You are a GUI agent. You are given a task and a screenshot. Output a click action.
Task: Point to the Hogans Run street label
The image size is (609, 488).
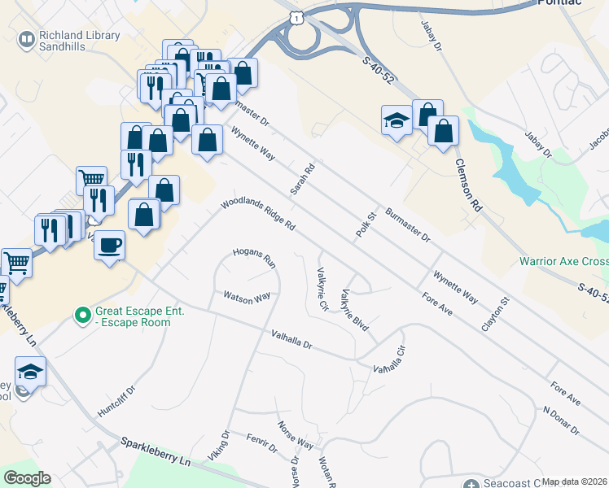coord(255,258)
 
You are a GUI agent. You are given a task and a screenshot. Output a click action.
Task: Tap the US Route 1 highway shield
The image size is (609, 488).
coord(300,16)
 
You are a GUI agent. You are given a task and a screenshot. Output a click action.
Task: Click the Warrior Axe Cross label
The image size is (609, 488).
coord(564,262)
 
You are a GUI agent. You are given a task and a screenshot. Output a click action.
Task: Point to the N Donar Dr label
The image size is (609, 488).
coord(561,418)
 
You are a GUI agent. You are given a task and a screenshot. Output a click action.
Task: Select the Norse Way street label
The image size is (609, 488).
coord(295,435)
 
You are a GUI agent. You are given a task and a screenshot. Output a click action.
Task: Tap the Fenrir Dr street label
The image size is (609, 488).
coord(262,444)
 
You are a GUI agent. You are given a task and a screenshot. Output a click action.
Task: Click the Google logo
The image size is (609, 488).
coord(27,478)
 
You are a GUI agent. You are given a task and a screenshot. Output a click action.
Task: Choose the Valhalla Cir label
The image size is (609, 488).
coord(389,359)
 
